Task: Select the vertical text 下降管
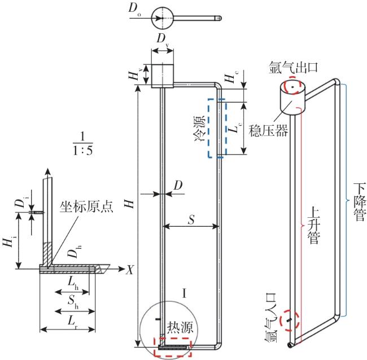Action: (357, 201)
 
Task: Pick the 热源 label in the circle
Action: (180, 328)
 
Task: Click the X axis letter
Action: (130, 270)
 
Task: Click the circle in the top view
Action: (161, 18)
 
